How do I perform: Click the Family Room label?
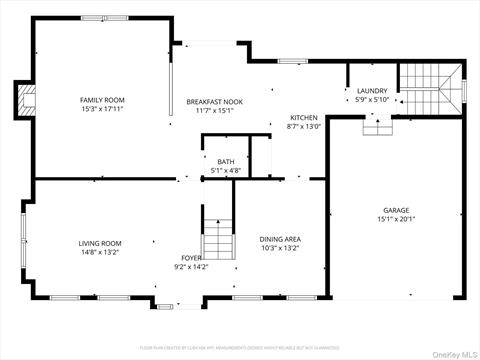pos(102,99)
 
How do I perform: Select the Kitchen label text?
pos(303,118)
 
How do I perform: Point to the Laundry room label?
pos(372,91)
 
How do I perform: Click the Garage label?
pos(395,210)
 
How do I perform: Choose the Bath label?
pos(225,161)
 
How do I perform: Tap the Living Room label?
pos(100,243)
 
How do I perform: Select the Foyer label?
pos(191,257)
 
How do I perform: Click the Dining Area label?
pos(280,239)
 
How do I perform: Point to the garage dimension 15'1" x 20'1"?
pos(395,219)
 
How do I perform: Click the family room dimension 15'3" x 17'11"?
pos(102,108)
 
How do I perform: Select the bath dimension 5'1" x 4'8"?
pos(225,170)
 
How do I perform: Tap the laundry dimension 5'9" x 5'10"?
pos(372,100)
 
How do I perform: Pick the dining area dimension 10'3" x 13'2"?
pos(280,248)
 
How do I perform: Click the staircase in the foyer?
pos(218,240)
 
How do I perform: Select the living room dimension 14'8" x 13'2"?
pos(100,252)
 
